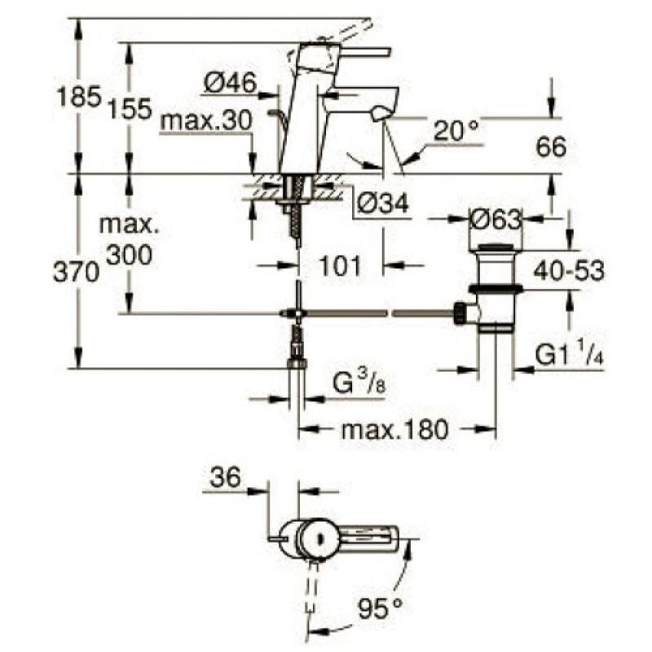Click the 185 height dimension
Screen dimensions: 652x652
point(78,98)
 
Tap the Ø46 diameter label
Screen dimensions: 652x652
point(230,81)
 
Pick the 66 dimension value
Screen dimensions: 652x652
point(551,147)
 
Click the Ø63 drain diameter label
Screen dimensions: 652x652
point(496,218)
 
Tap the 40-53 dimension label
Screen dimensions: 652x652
point(567,270)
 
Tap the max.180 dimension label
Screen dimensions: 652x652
point(394,430)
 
